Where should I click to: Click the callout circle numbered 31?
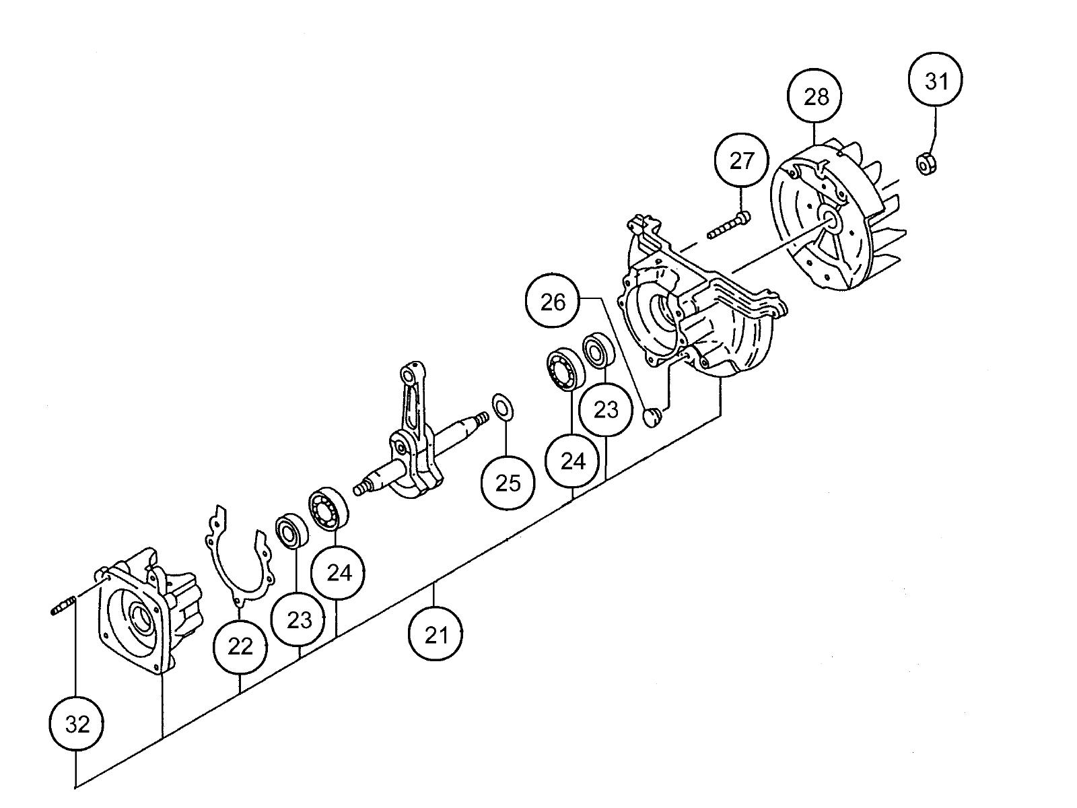click(x=935, y=79)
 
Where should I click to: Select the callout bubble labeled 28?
click(x=815, y=96)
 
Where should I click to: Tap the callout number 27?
click(x=741, y=160)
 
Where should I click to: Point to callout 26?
click(x=552, y=301)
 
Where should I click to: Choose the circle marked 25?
click(x=508, y=483)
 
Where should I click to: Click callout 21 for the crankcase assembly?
click(x=436, y=634)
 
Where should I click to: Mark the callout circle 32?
click(x=77, y=724)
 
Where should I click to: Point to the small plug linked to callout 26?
click(x=652, y=417)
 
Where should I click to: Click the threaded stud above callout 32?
click(x=63, y=605)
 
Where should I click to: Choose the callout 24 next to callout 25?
click(x=572, y=460)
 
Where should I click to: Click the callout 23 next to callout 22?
click(x=299, y=619)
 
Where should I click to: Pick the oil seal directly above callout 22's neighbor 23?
click(x=291, y=531)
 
